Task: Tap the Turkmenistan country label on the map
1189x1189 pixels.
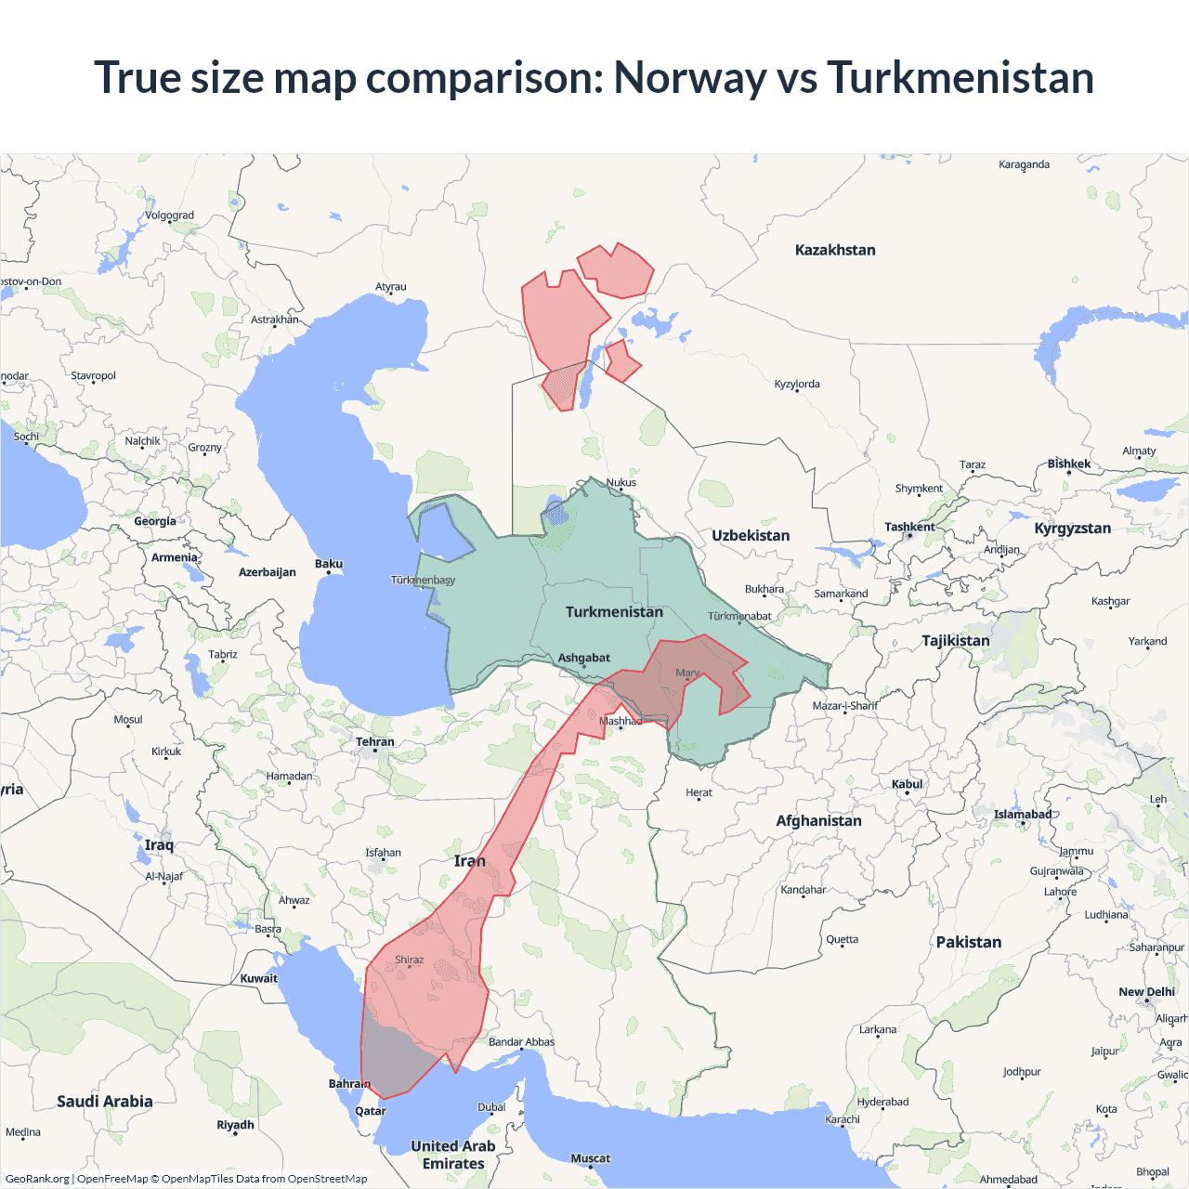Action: [x=614, y=612]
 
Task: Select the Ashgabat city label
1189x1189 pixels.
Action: [x=583, y=658]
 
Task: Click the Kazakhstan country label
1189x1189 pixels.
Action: [x=835, y=250]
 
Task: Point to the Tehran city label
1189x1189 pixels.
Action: [x=374, y=742]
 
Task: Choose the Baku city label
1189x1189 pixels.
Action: [x=328, y=564]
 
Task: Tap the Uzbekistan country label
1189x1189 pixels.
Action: [x=751, y=536]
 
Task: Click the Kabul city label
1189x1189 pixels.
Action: [x=907, y=784]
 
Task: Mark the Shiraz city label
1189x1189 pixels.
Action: [x=409, y=960]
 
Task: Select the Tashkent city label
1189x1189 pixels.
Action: [x=909, y=527]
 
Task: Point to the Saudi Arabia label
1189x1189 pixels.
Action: [x=105, y=1102]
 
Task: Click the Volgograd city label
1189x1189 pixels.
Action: [x=169, y=216]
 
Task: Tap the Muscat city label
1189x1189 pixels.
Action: [x=590, y=1158]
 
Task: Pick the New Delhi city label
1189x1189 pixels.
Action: [x=1146, y=992]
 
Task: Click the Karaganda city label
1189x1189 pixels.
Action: [x=1024, y=164]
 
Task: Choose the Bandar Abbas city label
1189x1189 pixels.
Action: [x=521, y=1042]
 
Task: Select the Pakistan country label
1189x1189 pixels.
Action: [x=969, y=942]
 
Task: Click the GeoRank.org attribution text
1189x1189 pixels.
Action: [x=37, y=1179]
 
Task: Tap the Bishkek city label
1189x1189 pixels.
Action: [x=1068, y=464]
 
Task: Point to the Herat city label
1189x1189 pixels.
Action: [x=699, y=792]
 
